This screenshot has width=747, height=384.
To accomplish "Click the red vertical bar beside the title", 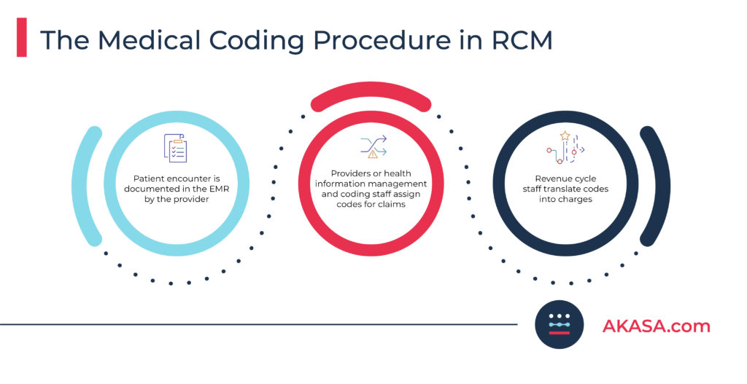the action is [x=21, y=37].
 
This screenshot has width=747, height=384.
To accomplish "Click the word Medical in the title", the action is [x=149, y=39].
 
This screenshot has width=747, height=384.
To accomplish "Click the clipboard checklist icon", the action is [x=175, y=148].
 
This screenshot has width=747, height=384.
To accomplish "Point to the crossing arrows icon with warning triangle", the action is [x=373, y=146].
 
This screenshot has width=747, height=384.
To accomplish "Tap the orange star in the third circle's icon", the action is [x=565, y=136].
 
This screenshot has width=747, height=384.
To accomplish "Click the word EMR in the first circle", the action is [x=219, y=189].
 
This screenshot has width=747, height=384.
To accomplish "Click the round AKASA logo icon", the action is [x=560, y=324].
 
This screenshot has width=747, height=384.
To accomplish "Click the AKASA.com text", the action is [x=656, y=326].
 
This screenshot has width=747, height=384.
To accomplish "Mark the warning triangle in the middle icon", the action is [x=373, y=154].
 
